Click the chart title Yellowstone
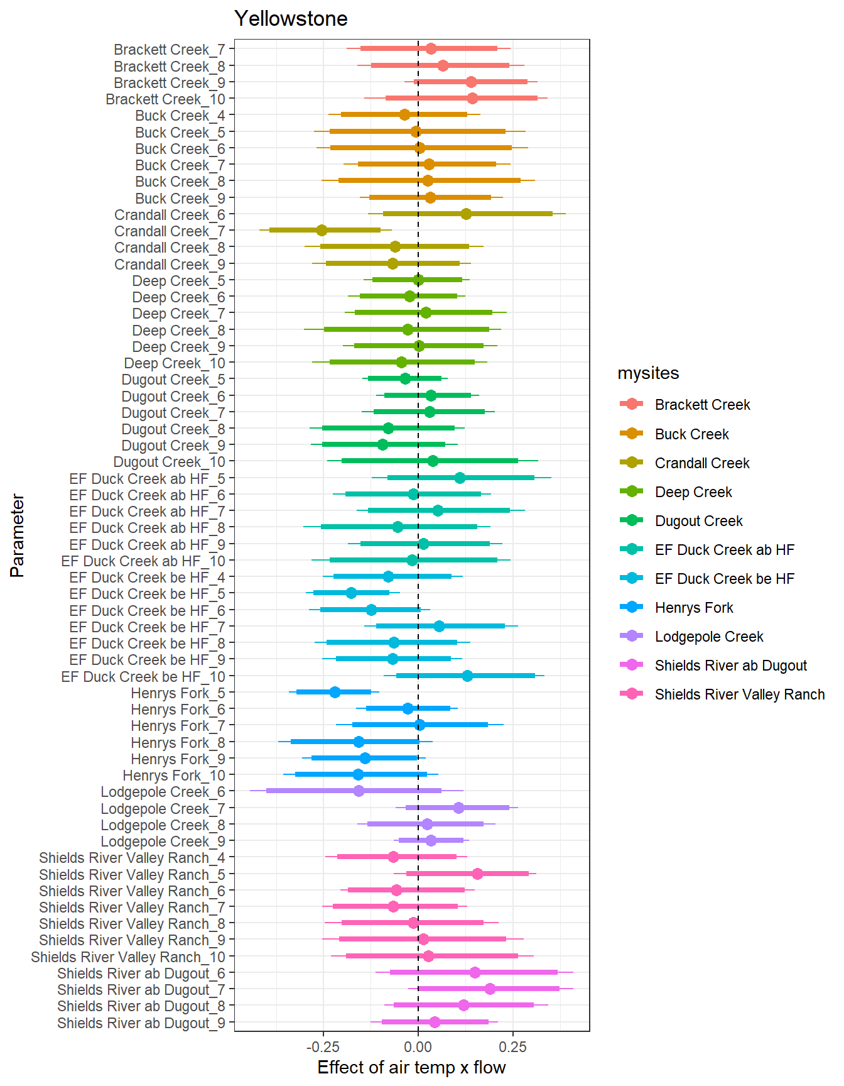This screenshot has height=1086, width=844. [x=291, y=19]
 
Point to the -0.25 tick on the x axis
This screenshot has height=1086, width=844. [x=323, y=1047]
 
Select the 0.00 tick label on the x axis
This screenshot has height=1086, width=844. [x=418, y=1047]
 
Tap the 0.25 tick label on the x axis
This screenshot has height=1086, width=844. [x=513, y=1047]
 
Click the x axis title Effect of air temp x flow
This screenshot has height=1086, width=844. [x=411, y=1068]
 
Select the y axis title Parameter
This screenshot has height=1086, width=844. [x=18, y=535]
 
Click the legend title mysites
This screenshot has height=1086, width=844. [x=648, y=373]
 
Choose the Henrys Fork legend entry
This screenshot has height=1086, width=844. [x=694, y=608]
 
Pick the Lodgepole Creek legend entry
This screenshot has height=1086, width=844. [x=709, y=637]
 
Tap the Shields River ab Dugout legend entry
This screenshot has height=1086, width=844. [x=730, y=666]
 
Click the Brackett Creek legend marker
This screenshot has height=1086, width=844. [x=631, y=404]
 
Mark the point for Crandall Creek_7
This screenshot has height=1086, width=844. [x=322, y=231]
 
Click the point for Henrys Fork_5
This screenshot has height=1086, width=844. [x=335, y=693]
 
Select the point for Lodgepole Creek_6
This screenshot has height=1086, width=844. [x=359, y=791]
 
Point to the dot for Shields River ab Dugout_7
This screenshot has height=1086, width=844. [x=490, y=989]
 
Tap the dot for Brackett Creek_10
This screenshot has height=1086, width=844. [x=472, y=99]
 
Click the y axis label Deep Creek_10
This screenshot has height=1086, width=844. [x=175, y=363]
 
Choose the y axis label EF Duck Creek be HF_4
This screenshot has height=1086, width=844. [x=147, y=578]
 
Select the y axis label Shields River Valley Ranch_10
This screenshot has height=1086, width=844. [x=128, y=957]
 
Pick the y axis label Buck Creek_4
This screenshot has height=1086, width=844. [x=180, y=116]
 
